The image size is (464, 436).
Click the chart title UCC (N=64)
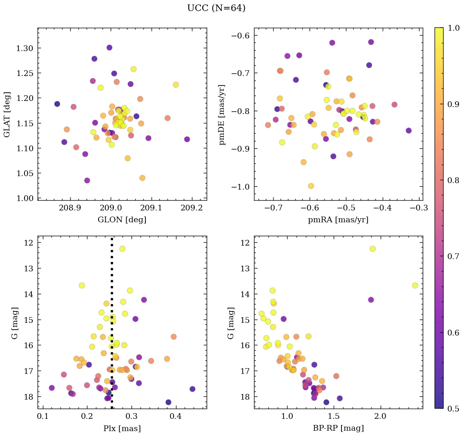(x=216, y=8)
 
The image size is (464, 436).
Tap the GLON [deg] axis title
(x=122, y=220)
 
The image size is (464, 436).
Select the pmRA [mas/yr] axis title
(x=338, y=220)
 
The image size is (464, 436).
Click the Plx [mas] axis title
(x=122, y=428)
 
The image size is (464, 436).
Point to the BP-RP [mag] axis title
(x=338, y=428)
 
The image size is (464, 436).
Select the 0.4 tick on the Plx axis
(x=176, y=417)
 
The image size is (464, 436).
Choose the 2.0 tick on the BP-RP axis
(x=381, y=417)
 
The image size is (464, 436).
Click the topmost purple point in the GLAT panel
(x=109, y=47)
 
